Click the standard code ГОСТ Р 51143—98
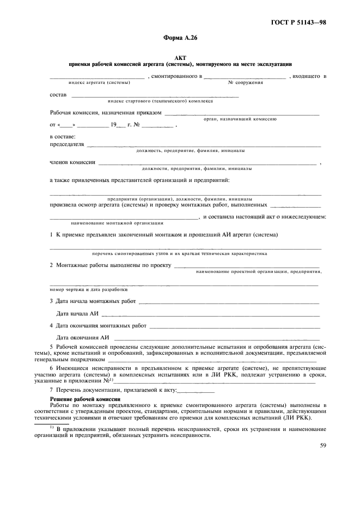click(x=302, y=23)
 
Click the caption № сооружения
click(x=245, y=82)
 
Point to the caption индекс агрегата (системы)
click(x=99, y=82)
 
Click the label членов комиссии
click(x=72, y=162)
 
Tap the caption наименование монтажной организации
click(x=117, y=223)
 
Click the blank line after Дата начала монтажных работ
click(x=228, y=301)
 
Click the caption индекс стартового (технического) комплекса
click(x=160, y=101)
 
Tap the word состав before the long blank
click(x=58, y=95)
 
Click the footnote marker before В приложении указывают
click(x=51, y=427)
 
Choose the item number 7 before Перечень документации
click(x=51, y=391)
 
